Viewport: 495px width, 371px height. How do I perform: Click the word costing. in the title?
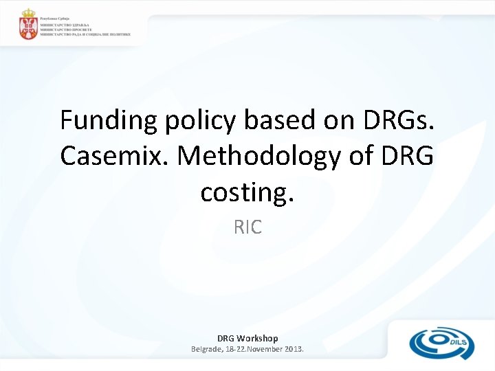(247, 192)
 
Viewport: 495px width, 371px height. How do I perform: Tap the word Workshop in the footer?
(257, 338)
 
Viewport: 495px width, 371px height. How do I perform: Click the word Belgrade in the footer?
(208, 349)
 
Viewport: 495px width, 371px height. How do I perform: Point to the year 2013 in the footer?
(291, 349)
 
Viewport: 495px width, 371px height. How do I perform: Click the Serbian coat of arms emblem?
(28, 25)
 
